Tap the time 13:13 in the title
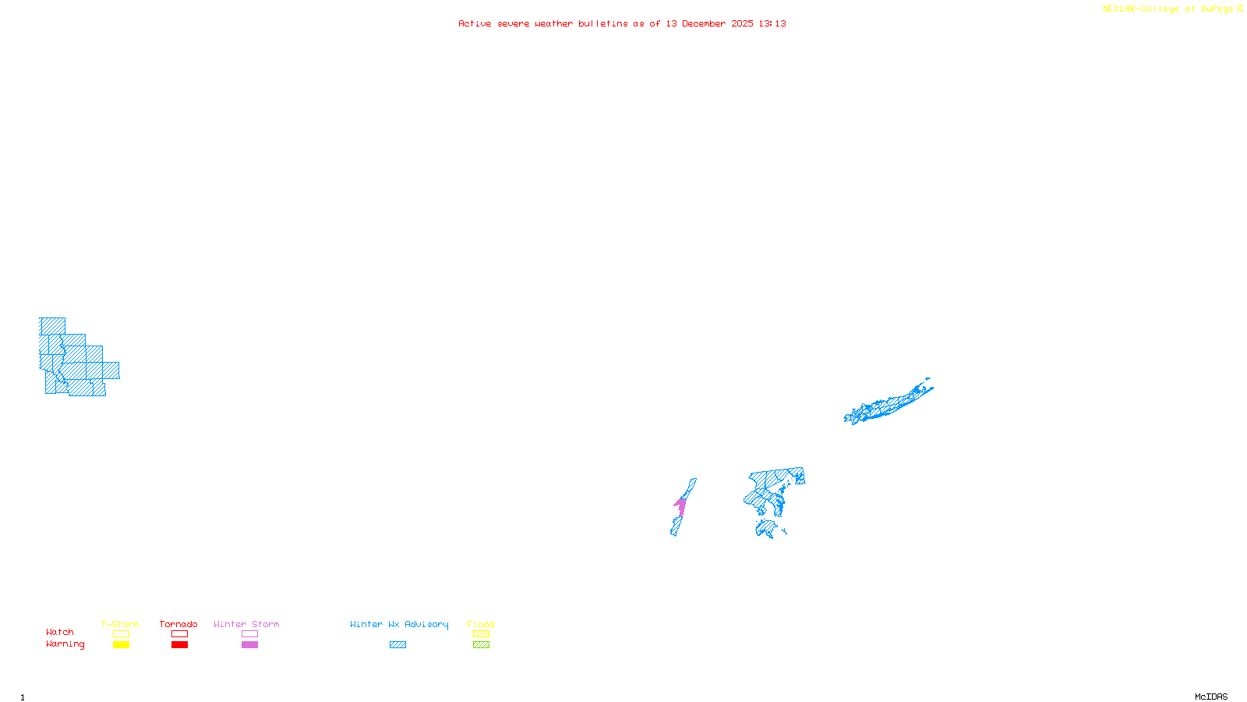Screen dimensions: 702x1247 772,23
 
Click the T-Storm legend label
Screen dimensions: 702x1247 120,624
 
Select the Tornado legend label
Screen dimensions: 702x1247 178,624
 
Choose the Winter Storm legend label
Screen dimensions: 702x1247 246,624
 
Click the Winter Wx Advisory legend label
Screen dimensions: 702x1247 399,624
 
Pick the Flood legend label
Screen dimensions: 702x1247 481,624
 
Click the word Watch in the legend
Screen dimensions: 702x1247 60,633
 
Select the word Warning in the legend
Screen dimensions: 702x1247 65,644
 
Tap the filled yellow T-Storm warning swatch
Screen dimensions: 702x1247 121,645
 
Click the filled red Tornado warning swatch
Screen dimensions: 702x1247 179,645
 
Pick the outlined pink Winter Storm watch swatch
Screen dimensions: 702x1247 249,634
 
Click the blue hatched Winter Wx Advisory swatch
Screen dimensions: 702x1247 397,645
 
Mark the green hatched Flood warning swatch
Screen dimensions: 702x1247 481,645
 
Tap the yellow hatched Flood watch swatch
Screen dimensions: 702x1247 481,634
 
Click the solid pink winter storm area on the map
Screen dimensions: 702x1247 681,506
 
